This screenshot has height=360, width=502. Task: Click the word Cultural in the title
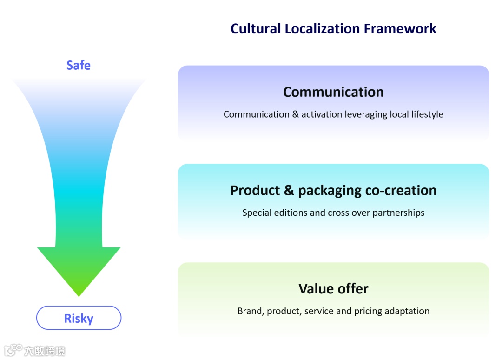point(256,29)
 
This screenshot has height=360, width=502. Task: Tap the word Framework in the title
point(400,29)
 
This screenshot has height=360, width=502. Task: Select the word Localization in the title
point(322,29)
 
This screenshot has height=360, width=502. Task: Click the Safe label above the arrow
point(79,65)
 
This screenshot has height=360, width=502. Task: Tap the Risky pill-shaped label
point(79,318)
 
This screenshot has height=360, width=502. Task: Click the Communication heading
point(333,92)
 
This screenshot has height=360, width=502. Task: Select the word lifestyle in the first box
point(427,114)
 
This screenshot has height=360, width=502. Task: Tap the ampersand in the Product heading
point(289,190)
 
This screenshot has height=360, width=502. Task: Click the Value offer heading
point(333,289)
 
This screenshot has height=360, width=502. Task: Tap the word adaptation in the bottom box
point(408,311)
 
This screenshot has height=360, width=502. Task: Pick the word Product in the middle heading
point(256,190)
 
